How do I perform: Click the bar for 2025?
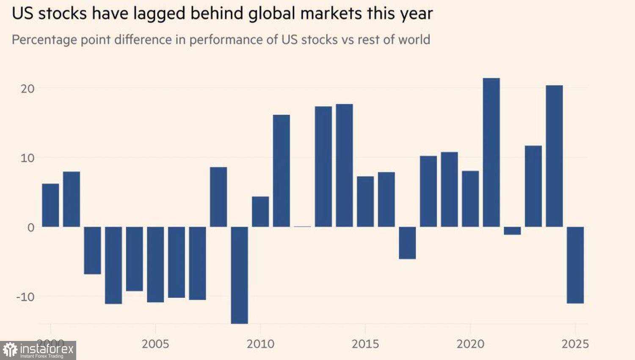click(575, 265)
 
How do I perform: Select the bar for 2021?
click(491, 152)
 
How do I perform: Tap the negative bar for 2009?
click(239, 275)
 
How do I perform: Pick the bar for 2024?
click(554, 156)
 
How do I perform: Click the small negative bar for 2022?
click(512, 231)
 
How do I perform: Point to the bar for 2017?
click(407, 243)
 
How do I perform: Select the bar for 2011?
click(282, 171)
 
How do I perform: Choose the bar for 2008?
click(218, 197)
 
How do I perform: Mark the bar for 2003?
click(113, 265)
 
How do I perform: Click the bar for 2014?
click(344, 165)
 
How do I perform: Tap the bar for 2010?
click(260, 211)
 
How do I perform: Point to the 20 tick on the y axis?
click(28, 89)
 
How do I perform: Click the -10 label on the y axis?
click(25, 296)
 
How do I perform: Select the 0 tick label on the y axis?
click(31, 227)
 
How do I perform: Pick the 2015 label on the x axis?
click(365, 343)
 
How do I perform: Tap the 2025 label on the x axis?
click(575, 343)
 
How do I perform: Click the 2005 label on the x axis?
click(155, 343)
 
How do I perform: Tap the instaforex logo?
click(38, 350)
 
